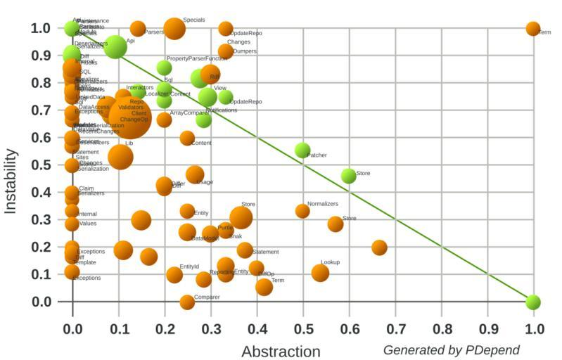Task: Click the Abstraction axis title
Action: coord(281,351)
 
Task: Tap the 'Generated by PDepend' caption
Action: coord(451,349)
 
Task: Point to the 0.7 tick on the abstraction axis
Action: coord(395,328)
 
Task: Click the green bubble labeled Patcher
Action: coord(302,150)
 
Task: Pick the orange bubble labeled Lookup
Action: coord(320,273)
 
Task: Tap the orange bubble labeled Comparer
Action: coord(186,302)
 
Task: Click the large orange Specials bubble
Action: coord(174,29)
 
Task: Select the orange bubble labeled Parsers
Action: coord(138,29)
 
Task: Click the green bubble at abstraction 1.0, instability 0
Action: coord(533,302)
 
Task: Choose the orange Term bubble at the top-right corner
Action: coord(533,29)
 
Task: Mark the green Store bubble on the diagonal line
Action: coord(348,176)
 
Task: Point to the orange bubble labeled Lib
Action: coord(120,155)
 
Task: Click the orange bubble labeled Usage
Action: coord(195,175)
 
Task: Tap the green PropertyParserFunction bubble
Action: coord(164,67)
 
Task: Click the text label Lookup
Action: coord(330,262)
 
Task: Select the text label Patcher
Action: coord(317,155)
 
